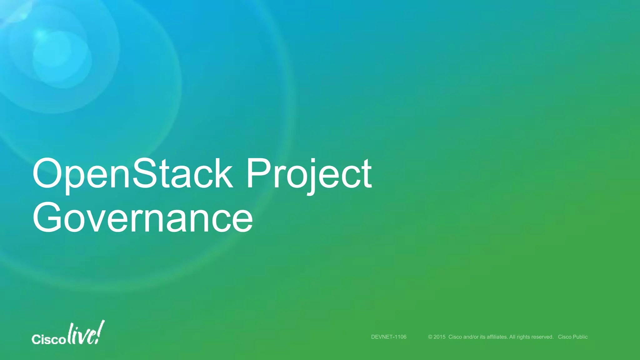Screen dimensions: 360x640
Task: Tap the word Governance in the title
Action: coord(142,218)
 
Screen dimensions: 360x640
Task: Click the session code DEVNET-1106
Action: coord(389,337)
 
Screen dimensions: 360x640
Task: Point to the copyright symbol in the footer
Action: coord(430,337)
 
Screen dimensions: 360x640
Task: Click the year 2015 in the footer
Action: coord(439,337)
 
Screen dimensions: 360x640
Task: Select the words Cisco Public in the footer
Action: coord(573,337)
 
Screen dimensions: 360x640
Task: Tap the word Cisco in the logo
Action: coord(48,339)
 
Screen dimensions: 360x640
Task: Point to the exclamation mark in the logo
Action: coord(100,331)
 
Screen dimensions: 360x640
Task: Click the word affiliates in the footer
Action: coord(497,337)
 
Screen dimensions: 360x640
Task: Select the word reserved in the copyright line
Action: coord(542,337)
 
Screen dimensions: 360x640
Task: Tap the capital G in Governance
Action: coord(48,218)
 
